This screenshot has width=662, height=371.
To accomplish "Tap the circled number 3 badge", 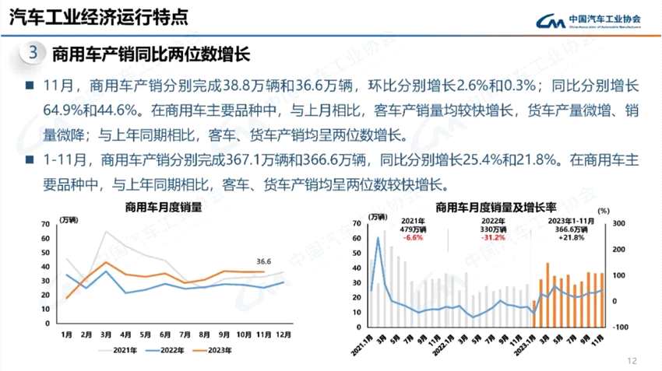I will [x=33, y=53].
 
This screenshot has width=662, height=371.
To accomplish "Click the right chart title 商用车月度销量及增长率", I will [x=495, y=208].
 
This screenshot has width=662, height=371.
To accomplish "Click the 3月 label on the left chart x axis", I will [x=105, y=335].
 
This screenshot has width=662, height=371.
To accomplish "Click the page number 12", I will [x=632, y=360].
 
